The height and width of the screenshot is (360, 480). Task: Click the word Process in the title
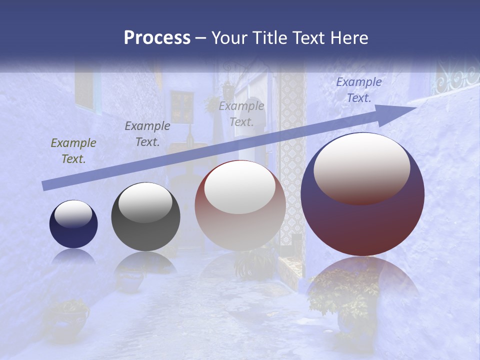coord(157,38)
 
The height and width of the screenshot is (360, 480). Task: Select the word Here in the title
coord(348,38)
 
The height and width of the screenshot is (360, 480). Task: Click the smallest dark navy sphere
coord(73,224)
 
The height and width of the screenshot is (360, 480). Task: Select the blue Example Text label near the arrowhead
coord(358,90)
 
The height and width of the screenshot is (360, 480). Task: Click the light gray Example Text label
coord(241,113)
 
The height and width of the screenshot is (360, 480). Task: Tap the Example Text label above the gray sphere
coord(147,134)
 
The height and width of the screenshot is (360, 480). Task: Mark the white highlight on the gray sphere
coord(145,203)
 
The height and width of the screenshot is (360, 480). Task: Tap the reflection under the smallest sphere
coord(73,256)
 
